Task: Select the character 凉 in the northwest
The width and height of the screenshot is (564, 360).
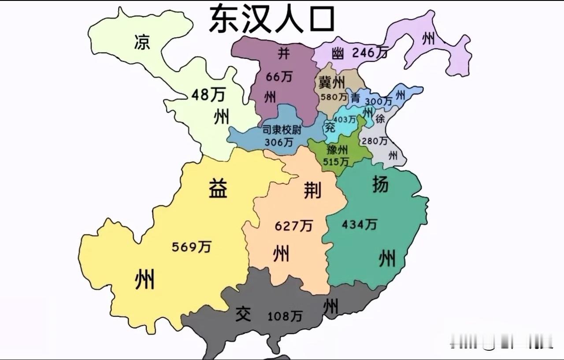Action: [x=142, y=42]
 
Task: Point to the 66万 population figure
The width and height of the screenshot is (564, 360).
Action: [x=279, y=77]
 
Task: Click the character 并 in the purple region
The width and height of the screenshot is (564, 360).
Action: [x=283, y=53]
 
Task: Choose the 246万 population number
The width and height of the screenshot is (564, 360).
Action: [x=370, y=53]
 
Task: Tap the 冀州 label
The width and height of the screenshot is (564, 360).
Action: [x=332, y=82]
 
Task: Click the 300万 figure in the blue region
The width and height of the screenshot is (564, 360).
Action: [x=378, y=101]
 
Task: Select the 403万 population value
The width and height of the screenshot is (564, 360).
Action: [x=345, y=119]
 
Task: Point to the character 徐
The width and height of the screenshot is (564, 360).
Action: [x=380, y=119]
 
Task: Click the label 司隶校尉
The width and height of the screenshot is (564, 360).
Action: [x=282, y=130]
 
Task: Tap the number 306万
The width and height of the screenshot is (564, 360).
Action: [x=278, y=142]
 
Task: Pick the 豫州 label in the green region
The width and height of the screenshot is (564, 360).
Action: [x=337, y=150]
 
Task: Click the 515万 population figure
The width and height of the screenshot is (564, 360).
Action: [x=336, y=162]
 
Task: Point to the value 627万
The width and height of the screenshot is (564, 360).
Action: [x=294, y=226]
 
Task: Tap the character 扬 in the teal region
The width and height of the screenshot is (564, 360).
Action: [x=380, y=184]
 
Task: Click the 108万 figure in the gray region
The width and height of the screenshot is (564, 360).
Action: [x=285, y=316]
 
